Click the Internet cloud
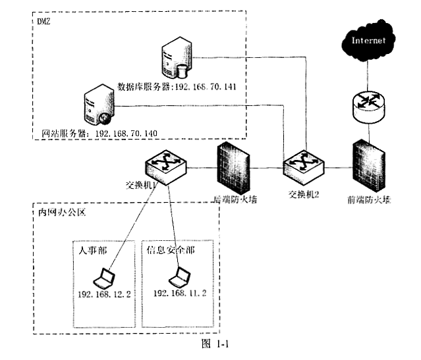click(369, 43)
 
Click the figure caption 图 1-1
click(213, 343)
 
